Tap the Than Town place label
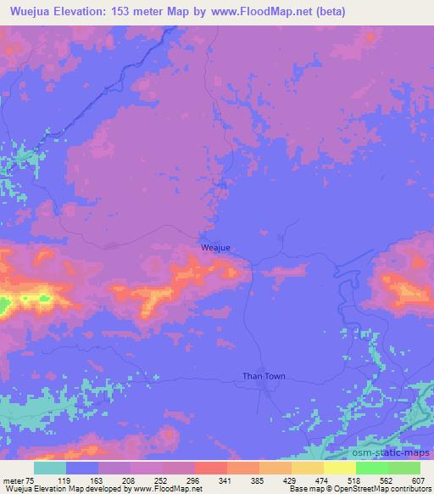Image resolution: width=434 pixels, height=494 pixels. [x=264, y=376]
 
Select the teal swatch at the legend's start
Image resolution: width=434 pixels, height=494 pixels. [x=50, y=468]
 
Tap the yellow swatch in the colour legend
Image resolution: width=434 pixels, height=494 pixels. [x=339, y=468]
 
